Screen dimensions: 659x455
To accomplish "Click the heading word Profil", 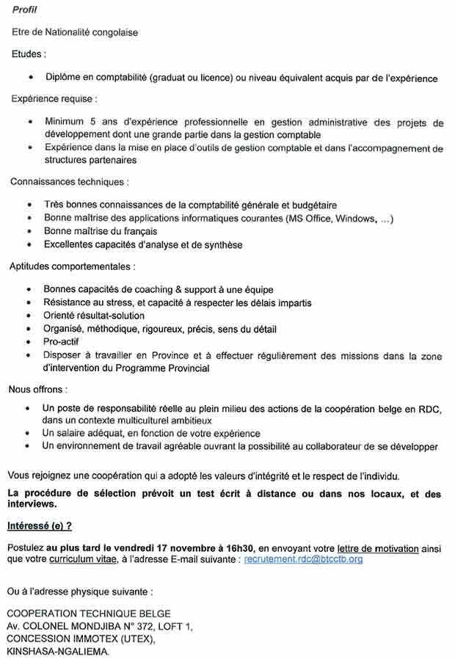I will [x=25, y=9].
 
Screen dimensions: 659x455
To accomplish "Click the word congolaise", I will [x=112, y=33].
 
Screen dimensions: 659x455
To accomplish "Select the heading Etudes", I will [x=29, y=54].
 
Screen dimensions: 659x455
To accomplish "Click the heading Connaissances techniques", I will [x=70, y=181].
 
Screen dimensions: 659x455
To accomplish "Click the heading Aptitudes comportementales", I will [x=72, y=266].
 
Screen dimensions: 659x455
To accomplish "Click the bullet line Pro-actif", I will [x=61, y=342].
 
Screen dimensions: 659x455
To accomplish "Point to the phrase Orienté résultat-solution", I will [x=94, y=316].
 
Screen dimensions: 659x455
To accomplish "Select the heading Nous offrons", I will [x=37, y=389].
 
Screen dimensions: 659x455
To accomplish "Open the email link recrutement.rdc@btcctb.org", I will [x=303, y=559].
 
